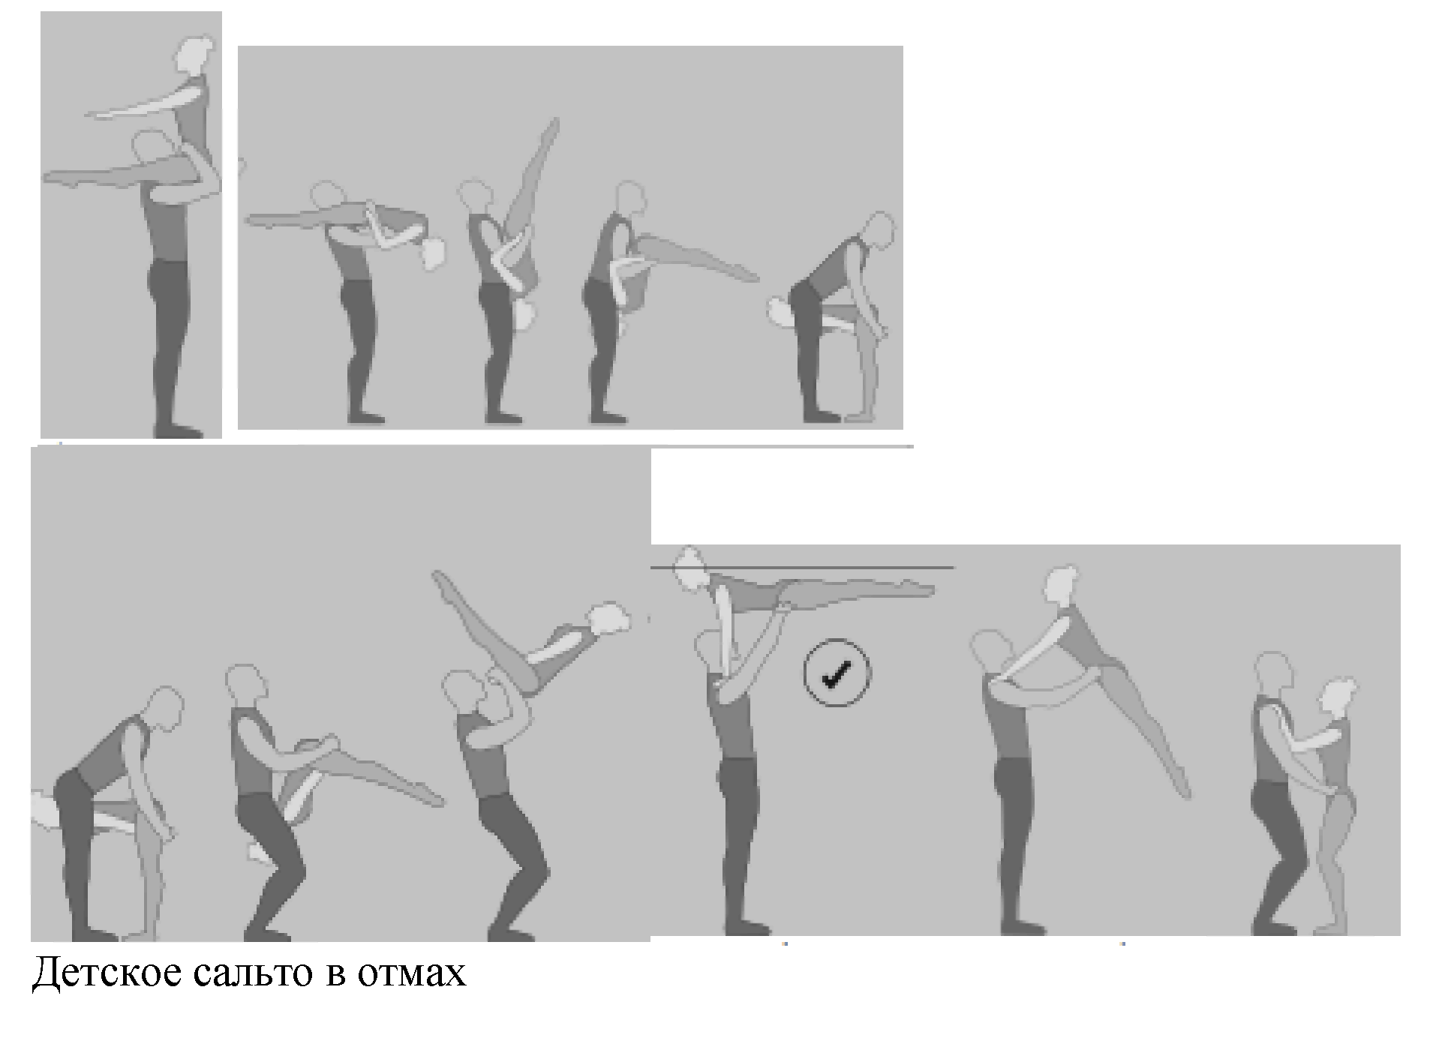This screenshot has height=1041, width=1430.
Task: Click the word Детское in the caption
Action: [x=106, y=972]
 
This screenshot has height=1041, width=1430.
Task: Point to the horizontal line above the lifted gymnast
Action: [x=802, y=568]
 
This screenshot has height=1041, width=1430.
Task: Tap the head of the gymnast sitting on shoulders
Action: [x=195, y=52]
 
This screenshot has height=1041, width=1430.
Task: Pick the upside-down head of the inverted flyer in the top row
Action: [x=525, y=315]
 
